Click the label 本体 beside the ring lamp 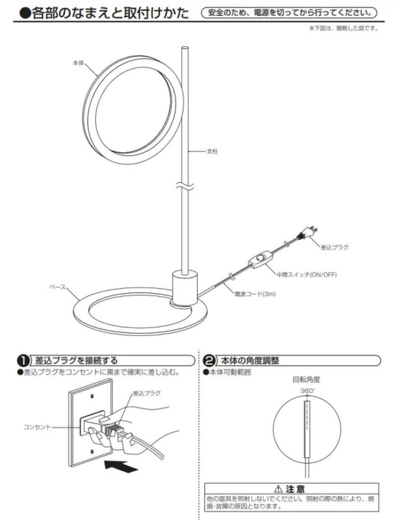click(78, 63)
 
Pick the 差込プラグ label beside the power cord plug click(334, 247)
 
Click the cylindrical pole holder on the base click(185, 288)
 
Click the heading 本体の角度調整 click(250, 361)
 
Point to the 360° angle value click(307, 390)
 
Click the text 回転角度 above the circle click(307, 379)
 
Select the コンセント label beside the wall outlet click(37, 427)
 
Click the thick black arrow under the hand click(118, 466)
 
